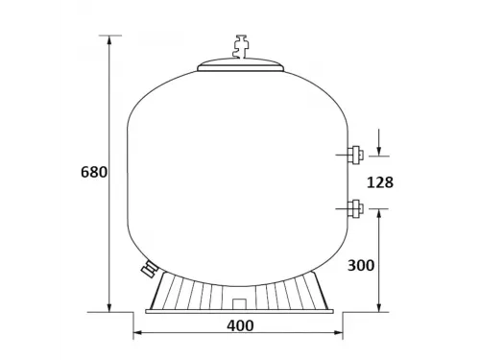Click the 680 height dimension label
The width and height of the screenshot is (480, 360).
[x=94, y=174]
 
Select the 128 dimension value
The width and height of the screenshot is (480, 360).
[x=380, y=180]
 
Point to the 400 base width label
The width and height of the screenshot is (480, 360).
[x=241, y=325]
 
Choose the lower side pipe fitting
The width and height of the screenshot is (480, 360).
[x=354, y=206]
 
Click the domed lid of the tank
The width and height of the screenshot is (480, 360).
[x=241, y=63]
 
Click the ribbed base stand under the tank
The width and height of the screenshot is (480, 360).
[x=241, y=289]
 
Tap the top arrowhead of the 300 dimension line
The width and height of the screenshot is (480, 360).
[x=381, y=213]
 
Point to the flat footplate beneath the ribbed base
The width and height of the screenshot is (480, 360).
[x=241, y=310]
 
